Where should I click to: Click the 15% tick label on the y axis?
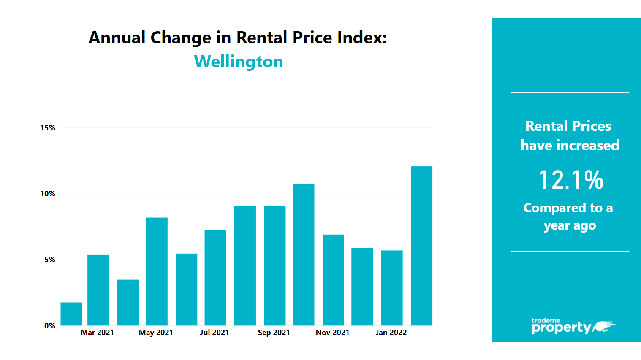48,128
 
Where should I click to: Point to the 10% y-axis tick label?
48,194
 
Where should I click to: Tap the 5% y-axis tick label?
50,260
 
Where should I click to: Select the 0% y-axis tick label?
50,325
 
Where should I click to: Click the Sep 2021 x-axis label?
274,333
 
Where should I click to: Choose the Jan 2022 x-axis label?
391,333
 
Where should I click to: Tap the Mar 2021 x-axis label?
98,333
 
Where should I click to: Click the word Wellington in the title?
239,62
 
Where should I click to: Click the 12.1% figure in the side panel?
570,180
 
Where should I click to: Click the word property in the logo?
561,328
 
